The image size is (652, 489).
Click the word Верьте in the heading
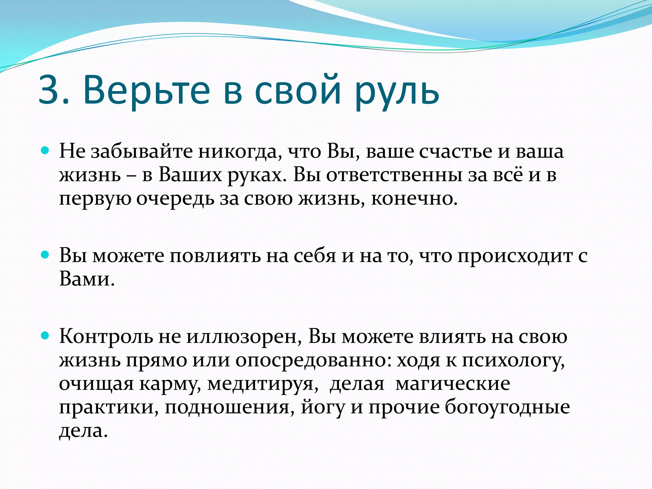(146, 91)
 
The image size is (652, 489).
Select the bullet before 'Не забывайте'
(46, 151)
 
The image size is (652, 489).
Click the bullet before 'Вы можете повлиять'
(46, 255)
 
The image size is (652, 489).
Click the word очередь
(175, 199)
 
